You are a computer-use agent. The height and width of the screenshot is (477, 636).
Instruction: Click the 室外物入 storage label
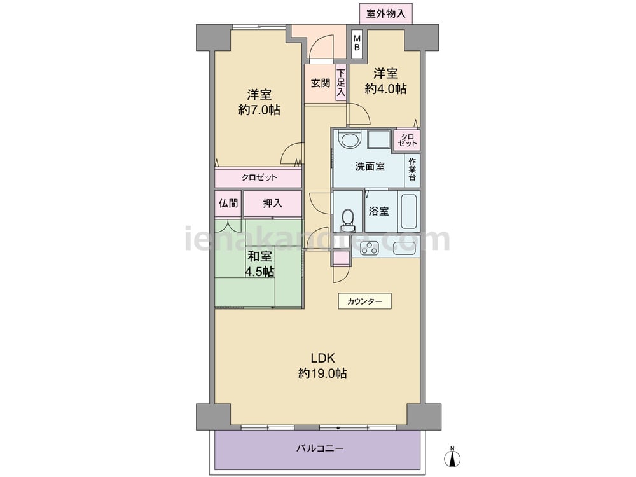386,13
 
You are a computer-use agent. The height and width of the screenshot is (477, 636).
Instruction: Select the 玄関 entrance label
321,83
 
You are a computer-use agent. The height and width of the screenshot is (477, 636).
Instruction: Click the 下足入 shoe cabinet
341,83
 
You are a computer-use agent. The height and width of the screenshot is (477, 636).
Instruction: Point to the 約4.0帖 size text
385,89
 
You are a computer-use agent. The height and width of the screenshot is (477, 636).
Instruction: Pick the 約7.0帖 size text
259,110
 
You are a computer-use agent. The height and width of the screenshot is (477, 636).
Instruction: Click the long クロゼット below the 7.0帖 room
258,177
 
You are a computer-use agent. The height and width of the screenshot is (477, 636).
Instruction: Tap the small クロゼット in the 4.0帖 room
407,140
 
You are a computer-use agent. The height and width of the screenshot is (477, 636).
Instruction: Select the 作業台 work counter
413,169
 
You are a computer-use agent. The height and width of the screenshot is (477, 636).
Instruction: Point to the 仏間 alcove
228,204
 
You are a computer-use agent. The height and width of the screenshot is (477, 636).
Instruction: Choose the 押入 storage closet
273,204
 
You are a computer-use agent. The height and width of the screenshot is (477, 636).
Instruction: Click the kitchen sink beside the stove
404,247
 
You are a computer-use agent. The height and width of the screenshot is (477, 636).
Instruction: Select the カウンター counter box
364,301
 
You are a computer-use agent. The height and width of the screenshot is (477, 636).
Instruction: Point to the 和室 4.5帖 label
259,264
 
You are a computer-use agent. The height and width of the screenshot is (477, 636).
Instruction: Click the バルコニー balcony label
320,448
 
